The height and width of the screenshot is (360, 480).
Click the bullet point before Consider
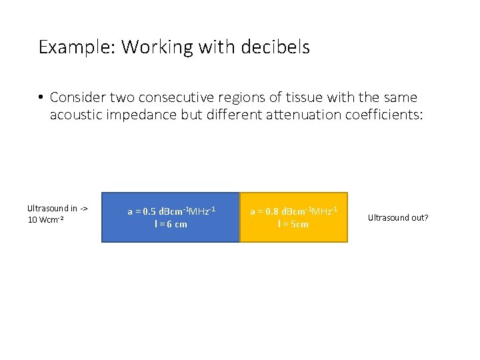point(41,97)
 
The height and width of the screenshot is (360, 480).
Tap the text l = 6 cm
point(171,224)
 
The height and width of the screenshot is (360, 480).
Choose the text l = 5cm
point(293,224)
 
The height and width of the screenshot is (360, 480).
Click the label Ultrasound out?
point(398,218)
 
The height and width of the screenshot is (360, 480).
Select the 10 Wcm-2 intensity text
point(45,220)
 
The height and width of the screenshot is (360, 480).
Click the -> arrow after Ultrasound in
point(83,208)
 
